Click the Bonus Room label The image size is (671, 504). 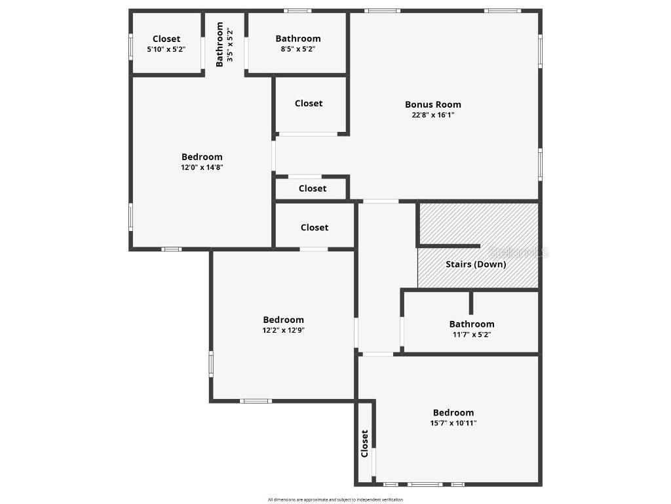[x=432, y=104]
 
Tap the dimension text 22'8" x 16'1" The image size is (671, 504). [x=432, y=115]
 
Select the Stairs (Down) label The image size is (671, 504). [x=476, y=264]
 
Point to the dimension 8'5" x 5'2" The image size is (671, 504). [x=298, y=49]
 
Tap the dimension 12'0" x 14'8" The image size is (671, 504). [x=202, y=167]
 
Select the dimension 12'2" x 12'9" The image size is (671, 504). [x=283, y=330]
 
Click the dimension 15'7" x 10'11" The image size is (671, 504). [x=453, y=423]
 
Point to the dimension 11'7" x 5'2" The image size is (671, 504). [x=471, y=334]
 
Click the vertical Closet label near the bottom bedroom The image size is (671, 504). [x=365, y=444]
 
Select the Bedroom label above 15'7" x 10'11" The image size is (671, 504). [x=453, y=413]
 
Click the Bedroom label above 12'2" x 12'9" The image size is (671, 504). [x=283, y=320]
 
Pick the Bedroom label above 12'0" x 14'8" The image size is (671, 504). [x=202, y=157]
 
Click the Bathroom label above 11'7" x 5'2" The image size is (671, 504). [x=471, y=324]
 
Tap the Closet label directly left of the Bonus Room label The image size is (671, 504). [x=309, y=103]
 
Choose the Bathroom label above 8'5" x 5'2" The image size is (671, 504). [x=298, y=39]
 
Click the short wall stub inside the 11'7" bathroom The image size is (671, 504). [x=470, y=302]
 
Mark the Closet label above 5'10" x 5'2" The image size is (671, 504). [x=166, y=39]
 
